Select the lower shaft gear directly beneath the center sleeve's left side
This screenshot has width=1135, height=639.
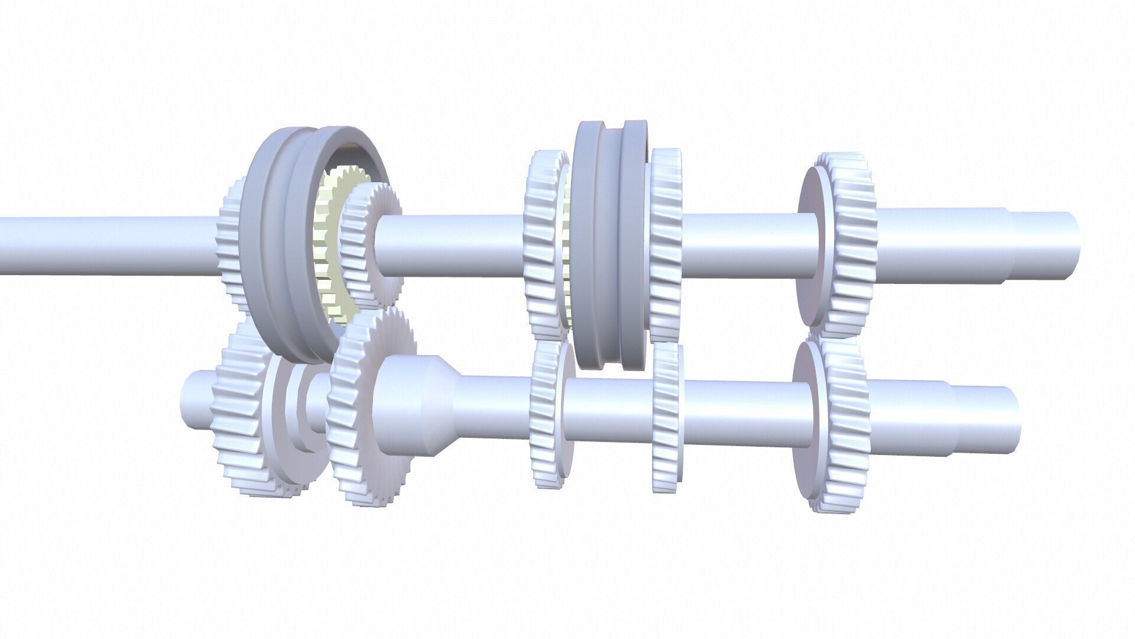[547, 414]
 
